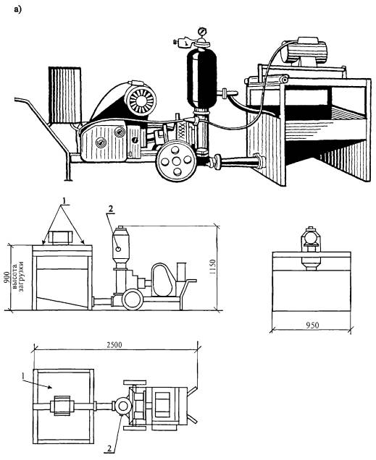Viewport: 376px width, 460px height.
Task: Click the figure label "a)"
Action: (17, 9)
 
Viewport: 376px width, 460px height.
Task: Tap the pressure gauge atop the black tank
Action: (201, 31)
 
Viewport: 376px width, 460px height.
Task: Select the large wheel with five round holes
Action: (175, 161)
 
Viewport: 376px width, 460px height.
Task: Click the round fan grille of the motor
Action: (141, 100)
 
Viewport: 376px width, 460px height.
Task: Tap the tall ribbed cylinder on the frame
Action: (65, 95)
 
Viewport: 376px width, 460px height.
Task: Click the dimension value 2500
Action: (114, 344)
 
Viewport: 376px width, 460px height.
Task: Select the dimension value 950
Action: (312, 325)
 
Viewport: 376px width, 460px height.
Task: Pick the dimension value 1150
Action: (213, 267)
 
